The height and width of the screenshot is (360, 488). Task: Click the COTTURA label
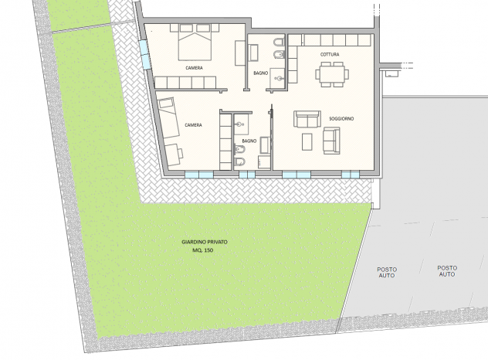coord(330,55)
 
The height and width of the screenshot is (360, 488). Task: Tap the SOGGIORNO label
coord(341,119)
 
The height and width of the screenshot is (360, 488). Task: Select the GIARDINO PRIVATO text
coord(205,242)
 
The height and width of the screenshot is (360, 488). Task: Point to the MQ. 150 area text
coord(202,250)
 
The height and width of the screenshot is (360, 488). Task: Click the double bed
coord(195,42)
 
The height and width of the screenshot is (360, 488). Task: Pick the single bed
coord(168,117)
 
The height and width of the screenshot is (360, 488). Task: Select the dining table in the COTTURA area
coord(332,74)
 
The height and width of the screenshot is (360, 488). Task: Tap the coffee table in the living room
coord(307,141)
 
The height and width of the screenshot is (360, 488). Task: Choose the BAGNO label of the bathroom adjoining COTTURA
coord(261,73)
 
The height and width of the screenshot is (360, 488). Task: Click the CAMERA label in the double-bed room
coord(194,68)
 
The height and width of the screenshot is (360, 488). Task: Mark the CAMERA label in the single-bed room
coord(193,125)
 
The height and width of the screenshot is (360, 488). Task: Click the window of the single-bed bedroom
coord(199,175)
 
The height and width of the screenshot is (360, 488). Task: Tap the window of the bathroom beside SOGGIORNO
coord(247,175)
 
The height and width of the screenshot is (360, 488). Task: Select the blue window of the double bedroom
coord(144,55)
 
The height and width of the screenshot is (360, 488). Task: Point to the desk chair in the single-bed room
coord(180,153)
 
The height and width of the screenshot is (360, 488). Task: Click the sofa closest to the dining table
coord(307,119)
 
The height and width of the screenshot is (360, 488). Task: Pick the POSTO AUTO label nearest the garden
coord(387,273)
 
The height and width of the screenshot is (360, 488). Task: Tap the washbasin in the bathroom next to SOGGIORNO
coord(240,124)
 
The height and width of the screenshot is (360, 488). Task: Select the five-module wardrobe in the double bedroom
coord(185,83)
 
